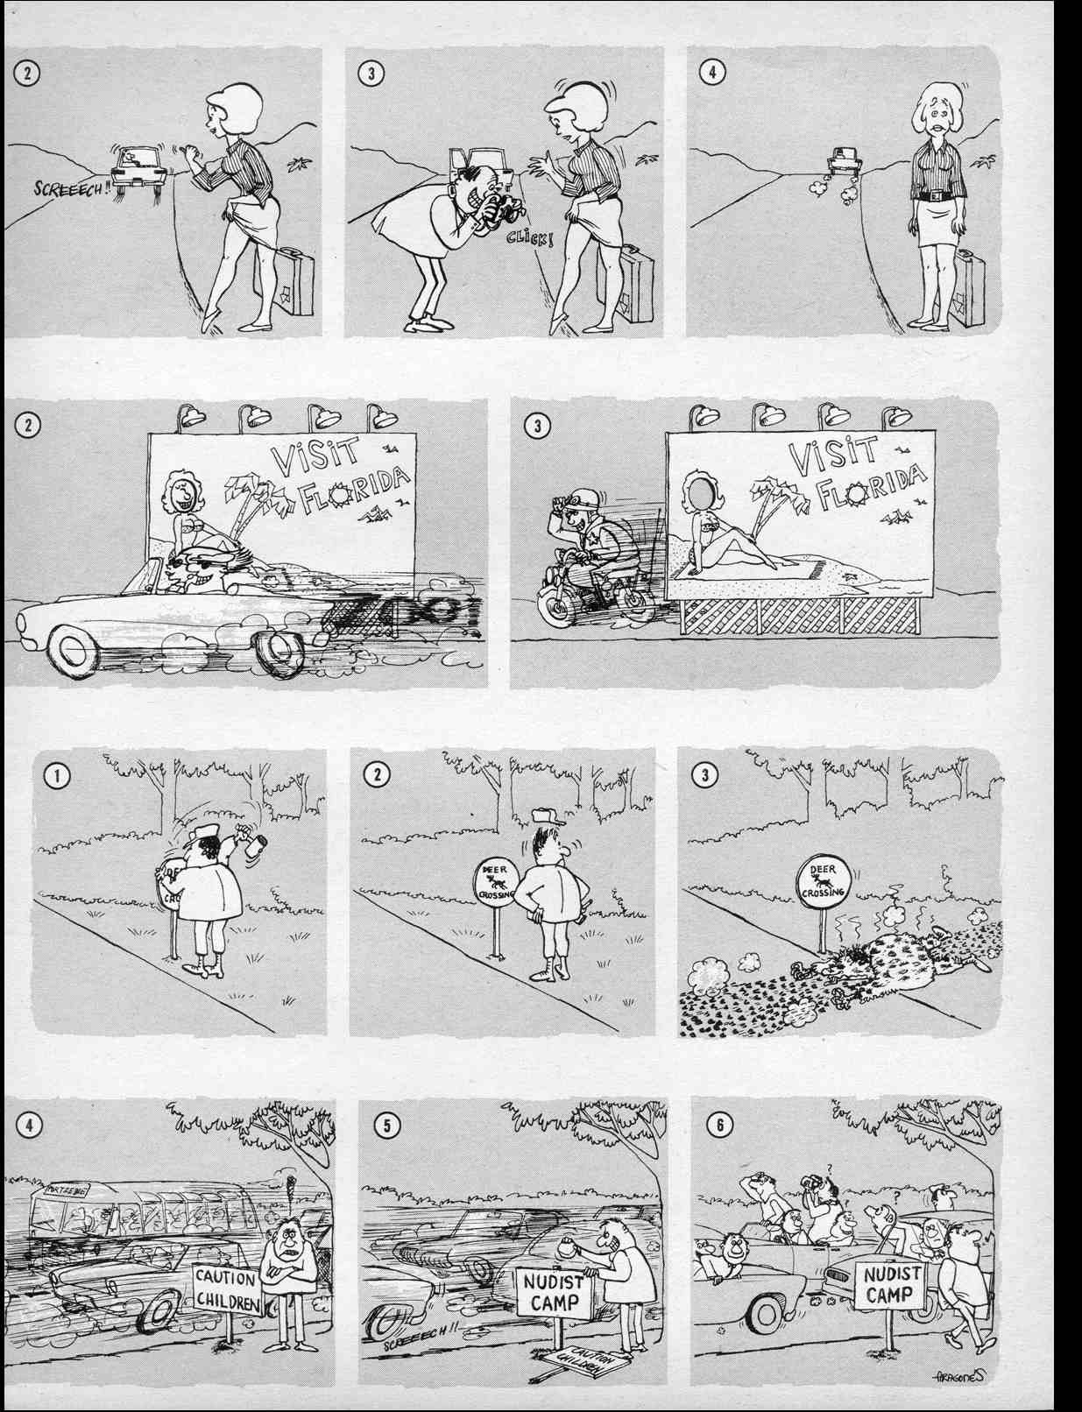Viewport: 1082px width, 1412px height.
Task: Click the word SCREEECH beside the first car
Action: [x=68, y=187]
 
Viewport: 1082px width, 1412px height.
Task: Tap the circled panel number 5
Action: [x=385, y=1125]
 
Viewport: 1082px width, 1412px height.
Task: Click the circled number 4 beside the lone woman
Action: [x=711, y=73]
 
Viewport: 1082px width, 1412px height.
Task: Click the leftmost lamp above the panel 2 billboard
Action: [x=188, y=416]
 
